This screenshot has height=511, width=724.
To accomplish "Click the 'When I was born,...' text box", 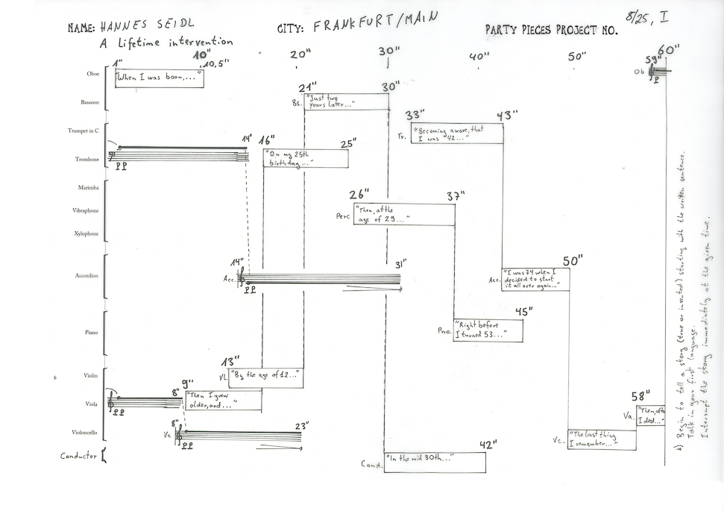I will [159, 78].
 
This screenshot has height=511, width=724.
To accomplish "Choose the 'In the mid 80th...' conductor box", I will [435, 462].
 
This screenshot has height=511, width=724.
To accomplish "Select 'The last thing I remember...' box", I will [602, 440].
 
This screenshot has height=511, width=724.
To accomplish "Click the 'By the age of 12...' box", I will [265, 376].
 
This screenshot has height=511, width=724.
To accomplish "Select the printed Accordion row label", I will [86, 276].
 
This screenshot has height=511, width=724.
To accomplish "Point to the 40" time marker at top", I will [479, 56].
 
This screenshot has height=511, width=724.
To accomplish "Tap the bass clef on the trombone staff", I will [113, 156].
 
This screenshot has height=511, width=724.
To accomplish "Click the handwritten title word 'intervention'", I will [201, 43].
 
